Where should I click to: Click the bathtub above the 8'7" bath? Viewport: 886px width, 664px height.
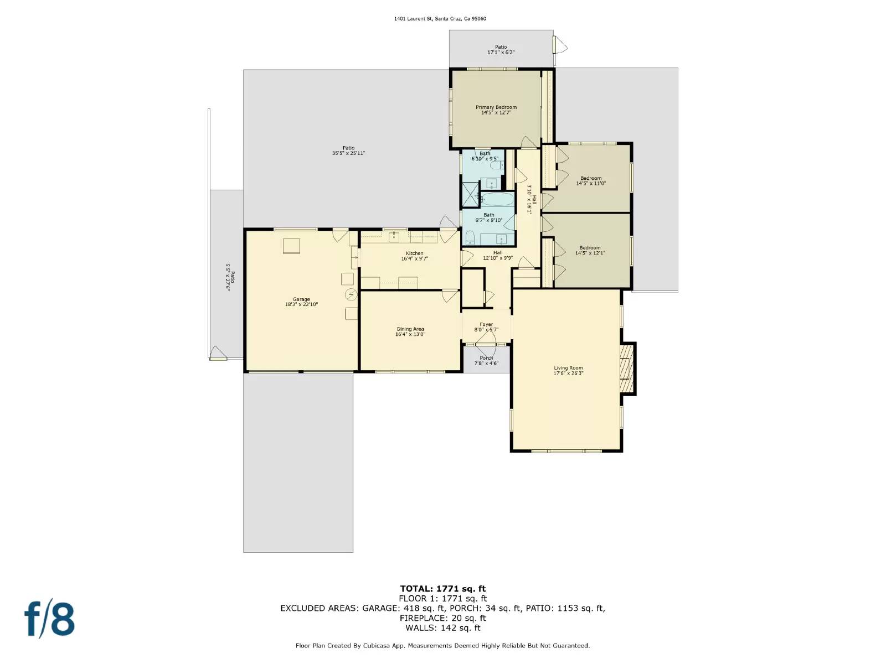(497, 200)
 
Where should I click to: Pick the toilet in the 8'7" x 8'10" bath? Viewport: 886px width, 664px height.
(470, 238)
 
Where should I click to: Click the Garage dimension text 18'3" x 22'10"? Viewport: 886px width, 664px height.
(301, 304)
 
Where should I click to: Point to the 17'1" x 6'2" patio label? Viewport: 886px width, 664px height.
(501, 50)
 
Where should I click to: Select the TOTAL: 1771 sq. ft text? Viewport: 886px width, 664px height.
(442, 589)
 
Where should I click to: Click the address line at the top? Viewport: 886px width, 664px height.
(440, 19)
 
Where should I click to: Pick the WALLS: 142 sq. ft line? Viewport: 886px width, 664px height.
(442, 627)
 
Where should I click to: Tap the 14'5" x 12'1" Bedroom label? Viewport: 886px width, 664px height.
(590, 250)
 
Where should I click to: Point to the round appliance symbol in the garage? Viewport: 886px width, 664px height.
(351, 294)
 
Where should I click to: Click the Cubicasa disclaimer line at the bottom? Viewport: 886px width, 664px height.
(442, 645)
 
